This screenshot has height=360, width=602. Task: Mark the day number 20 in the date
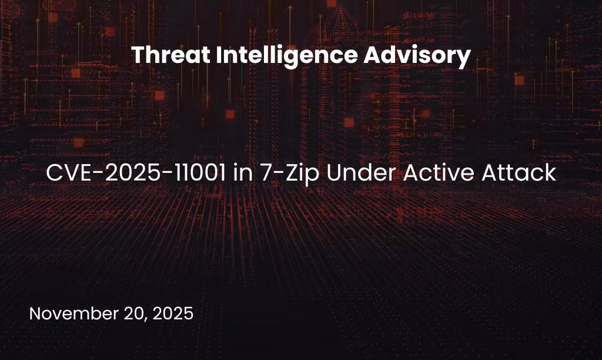click(x=133, y=314)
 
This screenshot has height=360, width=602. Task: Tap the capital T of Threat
click(x=137, y=56)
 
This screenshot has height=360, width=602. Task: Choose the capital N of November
click(x=35, y=314)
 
